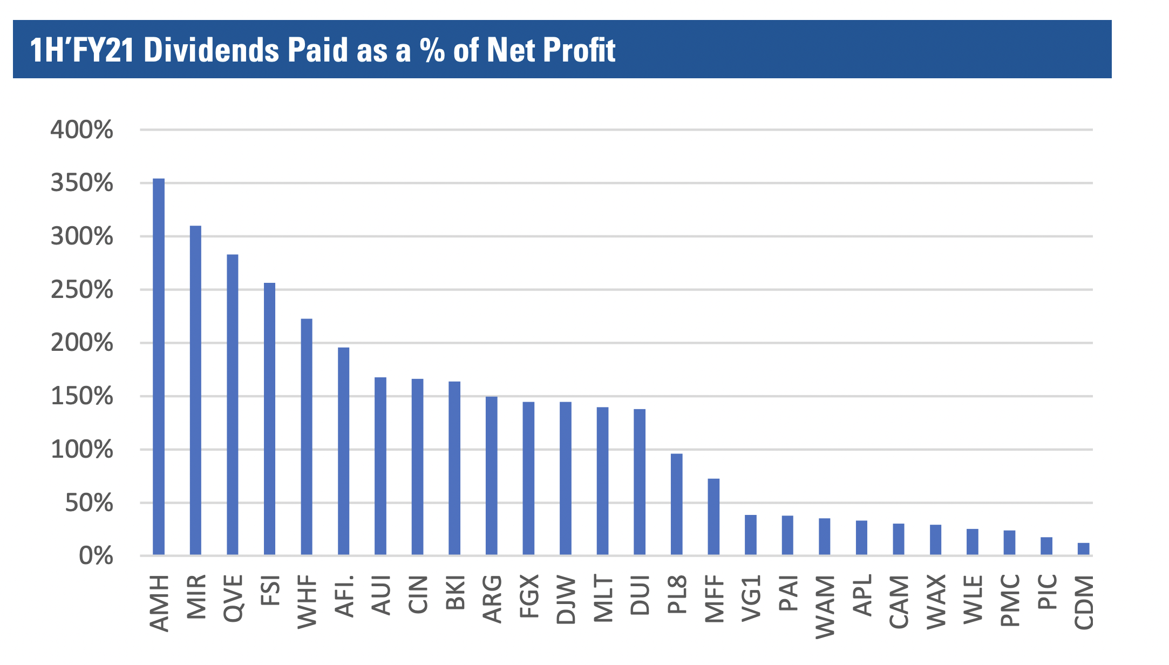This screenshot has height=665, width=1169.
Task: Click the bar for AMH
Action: click(159, 367)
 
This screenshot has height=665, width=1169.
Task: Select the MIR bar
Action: click(195, 390)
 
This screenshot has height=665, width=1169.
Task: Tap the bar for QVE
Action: click(233, 405)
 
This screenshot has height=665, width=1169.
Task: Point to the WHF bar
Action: click(307, 437)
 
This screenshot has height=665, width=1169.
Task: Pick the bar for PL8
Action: click(677, 504)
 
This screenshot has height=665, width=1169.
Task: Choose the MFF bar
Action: click(713, 517)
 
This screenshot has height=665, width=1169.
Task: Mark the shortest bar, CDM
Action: click(1083, 549)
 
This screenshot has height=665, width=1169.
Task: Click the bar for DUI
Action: click(640, 482)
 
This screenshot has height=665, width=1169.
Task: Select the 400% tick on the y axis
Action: click(82, 130)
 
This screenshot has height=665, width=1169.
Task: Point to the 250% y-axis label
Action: click(82, 290)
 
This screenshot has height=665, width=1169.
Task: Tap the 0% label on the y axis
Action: click(96, 557)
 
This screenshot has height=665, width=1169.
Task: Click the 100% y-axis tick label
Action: click(82, 450)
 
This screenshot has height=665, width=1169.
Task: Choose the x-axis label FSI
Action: click(270, 591)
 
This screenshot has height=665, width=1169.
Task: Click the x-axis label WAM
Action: click(825, 607)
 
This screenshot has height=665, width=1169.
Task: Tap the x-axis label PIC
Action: click(1047, 592)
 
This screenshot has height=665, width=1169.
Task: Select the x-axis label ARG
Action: click(492, 599)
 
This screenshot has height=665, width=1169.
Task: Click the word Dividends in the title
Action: click(212, 50)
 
